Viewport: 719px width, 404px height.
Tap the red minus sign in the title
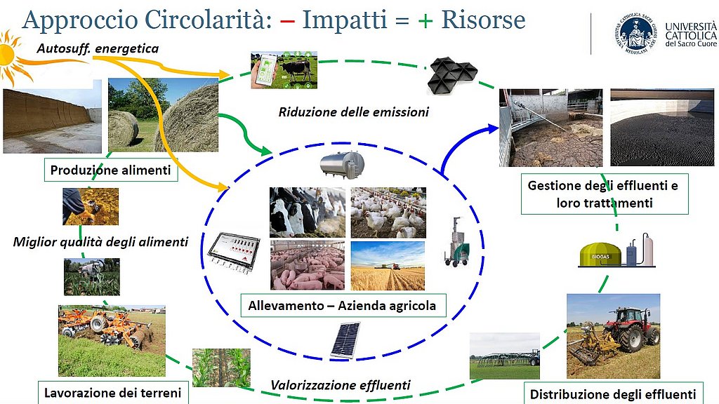coord(287,20)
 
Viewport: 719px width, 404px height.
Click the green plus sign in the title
coord(425,20)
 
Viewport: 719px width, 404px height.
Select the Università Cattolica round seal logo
coord(636,33)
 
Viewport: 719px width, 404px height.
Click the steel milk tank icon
coord(342,164)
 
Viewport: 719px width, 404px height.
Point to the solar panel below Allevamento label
coord(345,340)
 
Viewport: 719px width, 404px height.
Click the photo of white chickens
coord(388,213)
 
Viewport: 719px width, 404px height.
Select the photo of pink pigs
coord(308,265)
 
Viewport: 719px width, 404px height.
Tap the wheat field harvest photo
coord(388,266)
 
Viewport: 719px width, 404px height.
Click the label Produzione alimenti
coord(110,170)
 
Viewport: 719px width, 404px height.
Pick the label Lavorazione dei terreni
coord(113,393)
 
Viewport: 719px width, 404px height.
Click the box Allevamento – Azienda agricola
coord(343,306)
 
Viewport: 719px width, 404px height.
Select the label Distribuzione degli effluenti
coord(613,394)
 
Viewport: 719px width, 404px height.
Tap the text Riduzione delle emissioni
coord(354,112)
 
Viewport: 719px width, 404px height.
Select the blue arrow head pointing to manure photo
coord(493,128)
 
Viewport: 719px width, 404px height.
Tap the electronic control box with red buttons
coord(234,252)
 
